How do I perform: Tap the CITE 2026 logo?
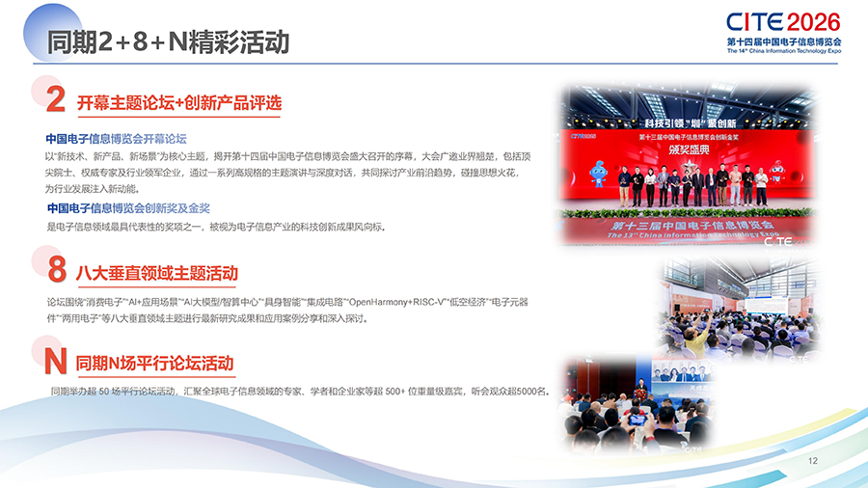(x=784, y=22)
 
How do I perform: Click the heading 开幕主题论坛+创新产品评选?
(x=178, y=102)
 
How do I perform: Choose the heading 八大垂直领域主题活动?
(x=156, y=273)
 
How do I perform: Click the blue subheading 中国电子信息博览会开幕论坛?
(x=116, y=139)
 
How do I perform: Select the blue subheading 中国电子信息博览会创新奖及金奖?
(x=128, y=208)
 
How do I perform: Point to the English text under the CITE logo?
(x=784, y=52)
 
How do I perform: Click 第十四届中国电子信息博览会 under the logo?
(x=784, y=42)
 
